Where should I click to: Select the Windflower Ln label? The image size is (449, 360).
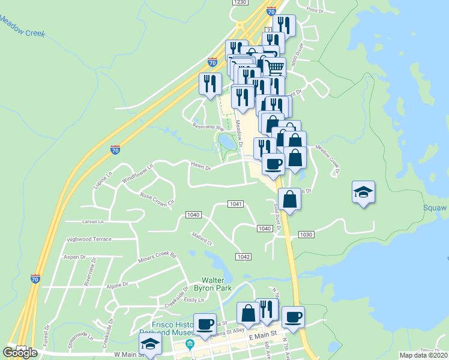coord(137,178)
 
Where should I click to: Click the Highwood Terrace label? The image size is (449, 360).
coord(89,239)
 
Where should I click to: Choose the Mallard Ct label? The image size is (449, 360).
coord(202,239)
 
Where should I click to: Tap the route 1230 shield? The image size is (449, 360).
coord(240,2)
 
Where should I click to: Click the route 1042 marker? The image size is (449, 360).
coord(243,257)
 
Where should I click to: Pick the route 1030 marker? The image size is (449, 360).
coord(306,234)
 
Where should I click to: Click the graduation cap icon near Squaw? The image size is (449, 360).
coord(363,192)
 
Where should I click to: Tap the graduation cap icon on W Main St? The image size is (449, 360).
coord(150,344)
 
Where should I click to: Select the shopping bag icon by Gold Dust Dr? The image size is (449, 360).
coord(289,200)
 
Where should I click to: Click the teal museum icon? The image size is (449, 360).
coord(190,344)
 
